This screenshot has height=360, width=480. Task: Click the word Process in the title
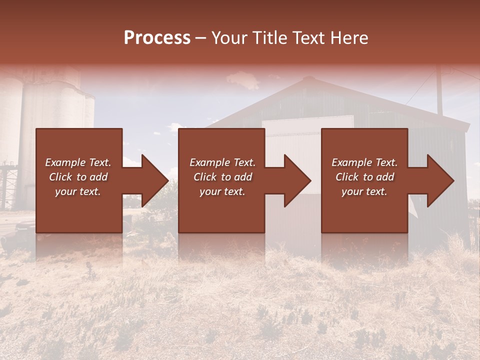click(x=157, y=38)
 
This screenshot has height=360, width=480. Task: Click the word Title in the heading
click(x=269, y=38)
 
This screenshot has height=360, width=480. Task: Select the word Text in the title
click(x=308, y=38)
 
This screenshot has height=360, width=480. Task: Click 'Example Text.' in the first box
click(x=78, y=162)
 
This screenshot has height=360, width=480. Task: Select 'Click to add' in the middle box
click(x=222, y=177)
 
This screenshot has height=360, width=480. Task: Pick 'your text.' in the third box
click(x=364, y=191)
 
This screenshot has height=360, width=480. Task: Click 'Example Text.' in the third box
click(x=364, y=162)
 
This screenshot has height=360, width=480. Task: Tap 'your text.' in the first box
click(x=78, y=191)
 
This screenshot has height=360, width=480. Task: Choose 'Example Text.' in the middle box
click(x=222, y=162)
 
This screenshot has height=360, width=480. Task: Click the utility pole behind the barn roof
click(x=439, y=92)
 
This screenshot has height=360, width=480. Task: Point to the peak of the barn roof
click(x=309, y=79)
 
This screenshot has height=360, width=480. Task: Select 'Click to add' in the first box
click(x=78, y=177)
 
